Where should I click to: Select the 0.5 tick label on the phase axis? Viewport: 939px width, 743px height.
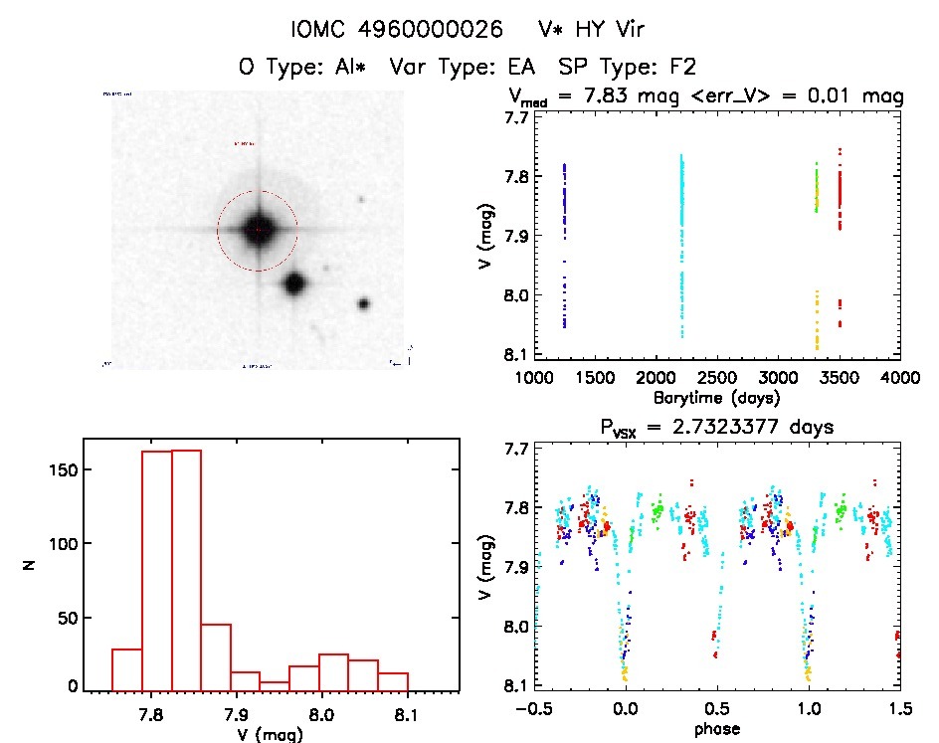[x=717, y=709]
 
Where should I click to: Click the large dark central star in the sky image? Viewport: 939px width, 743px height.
[x=258, y=229]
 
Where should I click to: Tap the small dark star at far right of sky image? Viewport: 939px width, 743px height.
[x=364, y=303]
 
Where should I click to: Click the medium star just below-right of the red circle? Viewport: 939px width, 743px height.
[x=293, y=284]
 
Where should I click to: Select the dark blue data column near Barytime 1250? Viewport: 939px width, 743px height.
[x=564, y=244]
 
